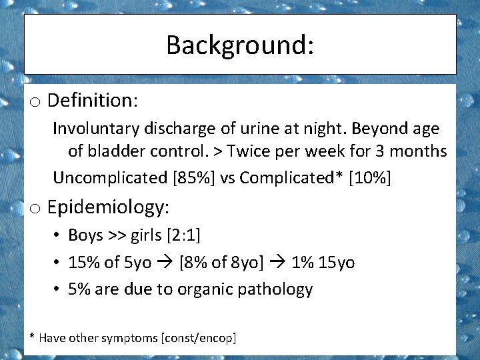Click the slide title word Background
pyautogui.click(x=239, y=45)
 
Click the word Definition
pyautogui.click(x=92, y=101)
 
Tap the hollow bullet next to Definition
pyautogui.click(x=35, y=102)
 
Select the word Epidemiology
pyautogui.click(x=108, y=207)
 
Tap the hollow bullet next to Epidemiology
pyautogui.click(x=35, y=209)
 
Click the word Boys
pyautogui.click(x=85, y=235)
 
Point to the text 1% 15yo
pyautogui.click(x=323, y=263)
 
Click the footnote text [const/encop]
pyautogui.click(x=199, y=338)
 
